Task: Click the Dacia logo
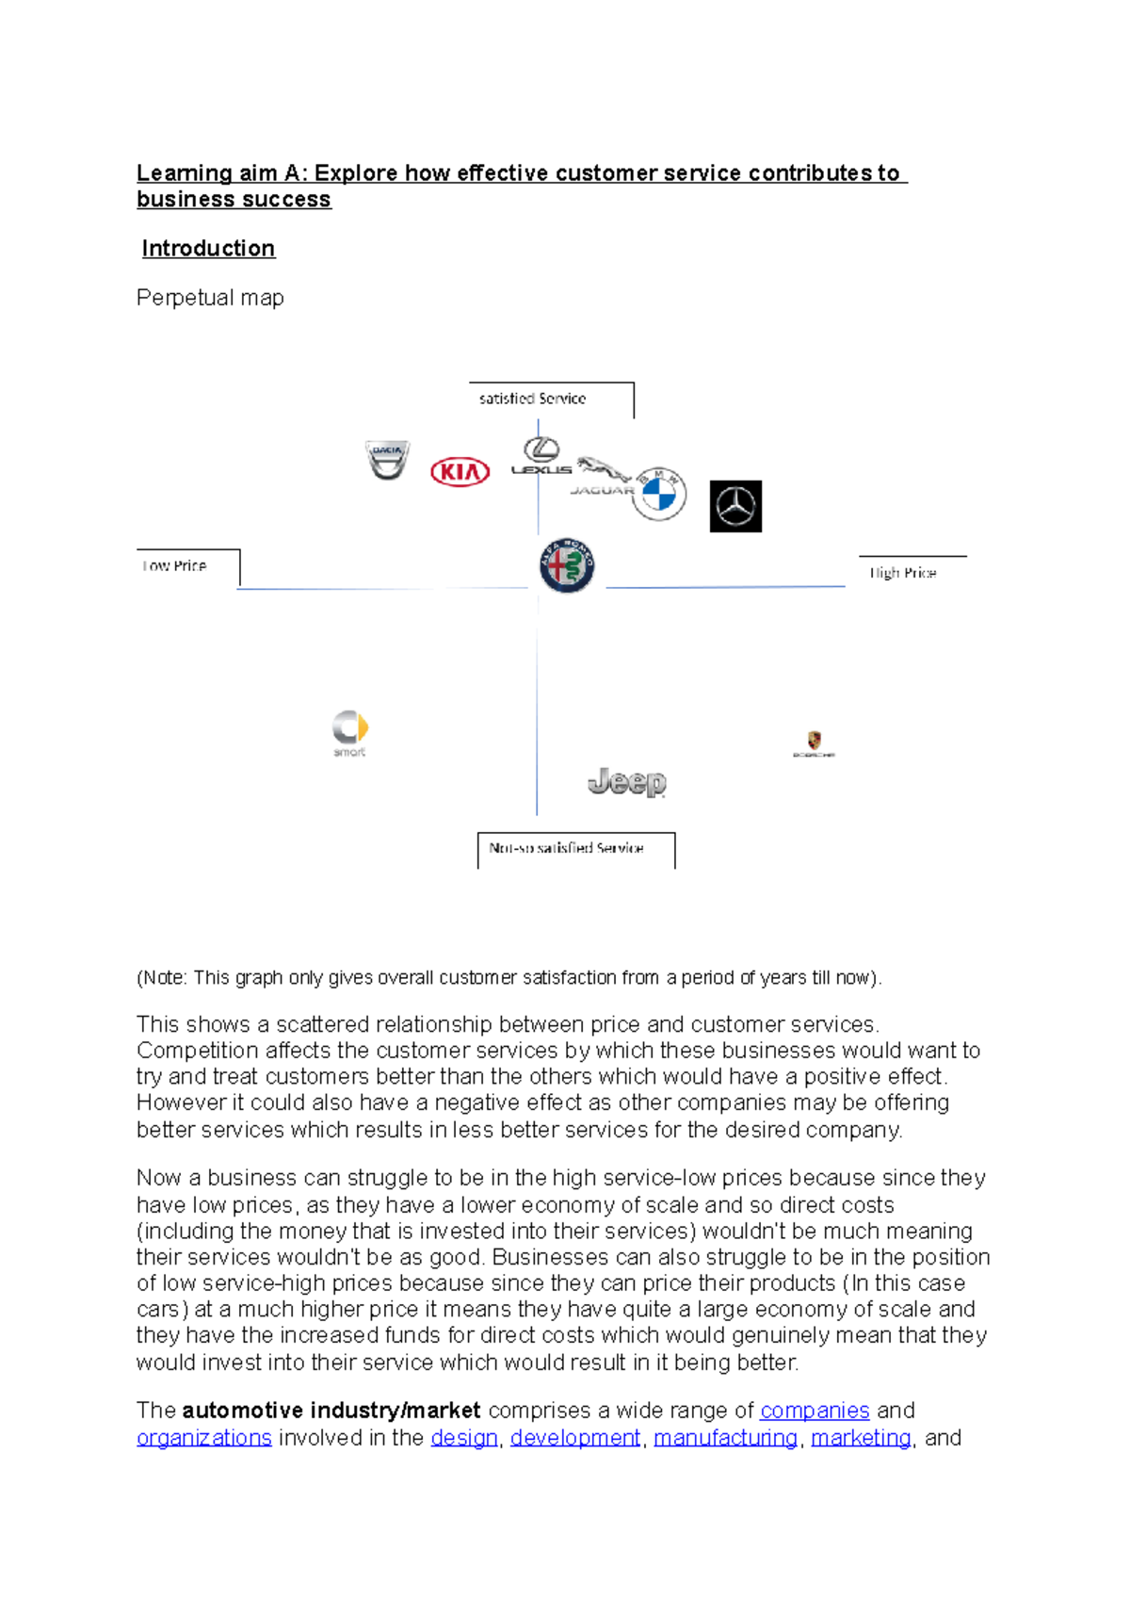[387, 460]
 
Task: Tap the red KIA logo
[460, 471]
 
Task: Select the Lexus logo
[541, 456]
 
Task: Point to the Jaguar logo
[603, 476]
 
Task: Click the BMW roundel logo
[659, 494]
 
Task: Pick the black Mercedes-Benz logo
[735, 506]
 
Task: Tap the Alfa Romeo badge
[567, 566]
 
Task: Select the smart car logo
[349, 732]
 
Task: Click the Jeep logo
[627, 782]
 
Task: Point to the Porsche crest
[814, 743]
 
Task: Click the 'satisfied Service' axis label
[532, 399]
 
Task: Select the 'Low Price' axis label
[174, 565]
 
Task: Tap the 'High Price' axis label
[902, 573]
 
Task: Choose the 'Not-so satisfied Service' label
[566, 848]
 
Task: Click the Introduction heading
[208, 249]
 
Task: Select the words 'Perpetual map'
[210, 298]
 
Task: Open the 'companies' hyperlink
[815, 1411]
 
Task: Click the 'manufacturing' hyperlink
[725, 1438]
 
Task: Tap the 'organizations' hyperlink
[204, 1438]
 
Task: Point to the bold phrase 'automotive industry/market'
[331, 1411]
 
